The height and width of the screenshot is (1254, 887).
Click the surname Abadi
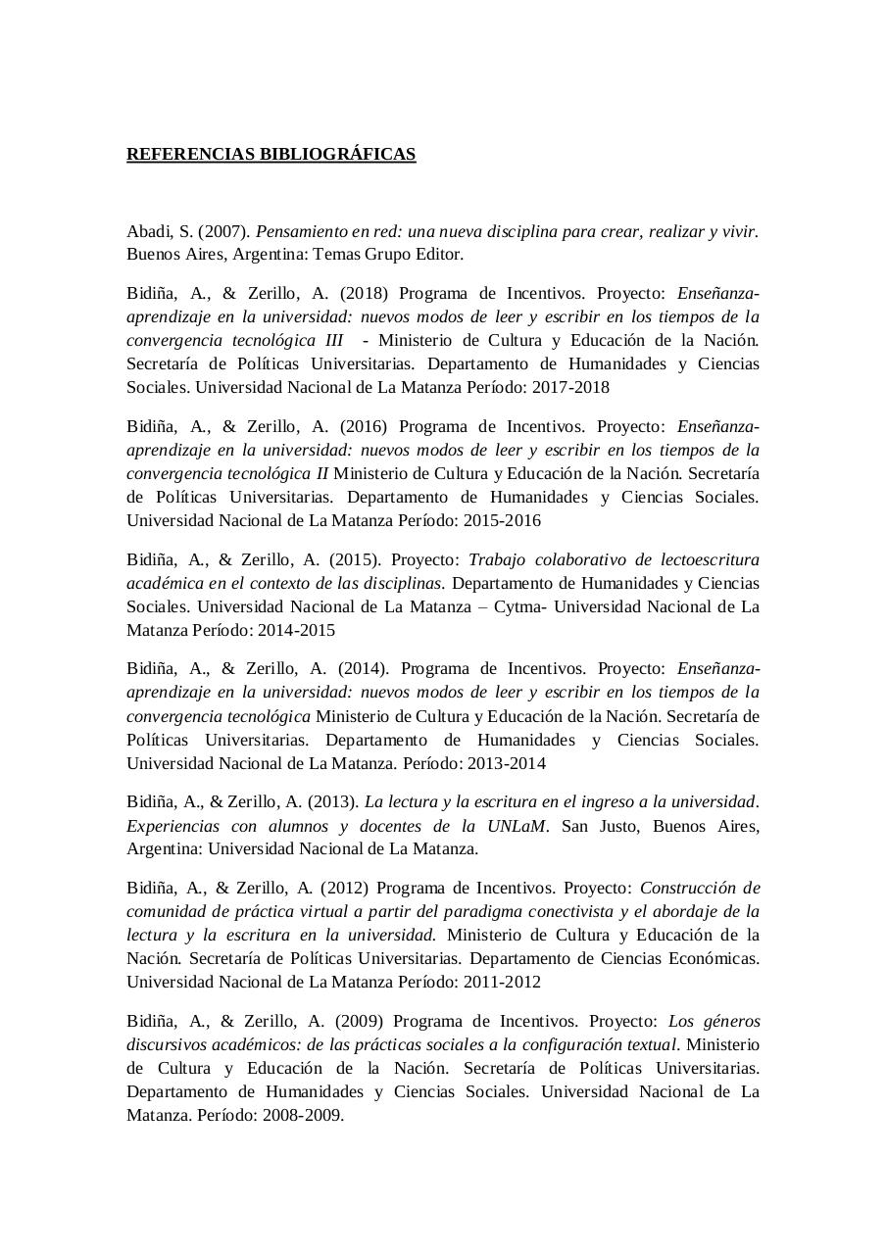coord(147,231)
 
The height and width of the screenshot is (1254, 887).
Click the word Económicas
coord(714,958)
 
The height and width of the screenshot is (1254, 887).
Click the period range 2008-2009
coord(303,1115)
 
